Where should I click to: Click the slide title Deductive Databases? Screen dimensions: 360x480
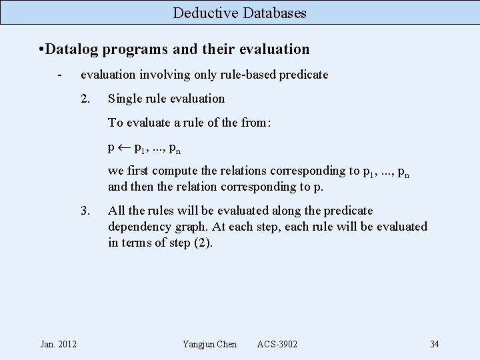pos(240,13)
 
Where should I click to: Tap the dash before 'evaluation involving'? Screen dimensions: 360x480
pos(60,75)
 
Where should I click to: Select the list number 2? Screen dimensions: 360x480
pos(85,99)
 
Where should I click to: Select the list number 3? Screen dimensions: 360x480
pos(85,211)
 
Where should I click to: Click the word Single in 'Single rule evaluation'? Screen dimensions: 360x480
pos(123,99)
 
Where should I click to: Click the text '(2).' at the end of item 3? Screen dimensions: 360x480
pos(203,243)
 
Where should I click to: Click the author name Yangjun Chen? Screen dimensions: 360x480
pos(209,344)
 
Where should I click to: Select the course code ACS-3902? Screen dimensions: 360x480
pos(277,344)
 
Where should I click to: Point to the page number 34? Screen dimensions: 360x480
pos(435,344)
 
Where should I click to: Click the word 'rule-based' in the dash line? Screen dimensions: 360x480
pos(250,75)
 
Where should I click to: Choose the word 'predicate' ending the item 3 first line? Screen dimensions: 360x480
pos(349,211)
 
